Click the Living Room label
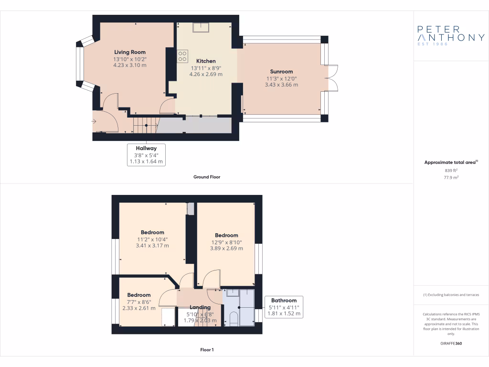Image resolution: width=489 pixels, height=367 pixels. coord(129,52)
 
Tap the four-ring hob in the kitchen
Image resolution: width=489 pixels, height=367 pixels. coord(182,56)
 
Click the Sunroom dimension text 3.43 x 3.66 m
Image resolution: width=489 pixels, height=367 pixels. coord(281,85)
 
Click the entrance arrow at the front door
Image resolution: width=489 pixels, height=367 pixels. coord(94,121)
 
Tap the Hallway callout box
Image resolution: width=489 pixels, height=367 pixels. coord(146,155)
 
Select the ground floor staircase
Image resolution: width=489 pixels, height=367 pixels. coord(145,127)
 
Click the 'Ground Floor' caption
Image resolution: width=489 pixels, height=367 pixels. coord(206,177)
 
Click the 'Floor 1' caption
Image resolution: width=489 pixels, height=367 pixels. coord(206,350)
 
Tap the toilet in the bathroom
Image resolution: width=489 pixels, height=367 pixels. coord(233,319)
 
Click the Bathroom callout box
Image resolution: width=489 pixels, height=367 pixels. coord(284,307)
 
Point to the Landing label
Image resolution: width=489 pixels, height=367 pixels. coord(200,307)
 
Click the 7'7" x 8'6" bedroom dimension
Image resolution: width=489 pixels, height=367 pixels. coord(138,302)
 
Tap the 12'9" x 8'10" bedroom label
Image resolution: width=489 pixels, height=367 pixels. coord(226,235)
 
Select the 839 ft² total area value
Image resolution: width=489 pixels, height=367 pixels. coord(451,170)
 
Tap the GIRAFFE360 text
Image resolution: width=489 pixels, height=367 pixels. coord(451,343)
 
